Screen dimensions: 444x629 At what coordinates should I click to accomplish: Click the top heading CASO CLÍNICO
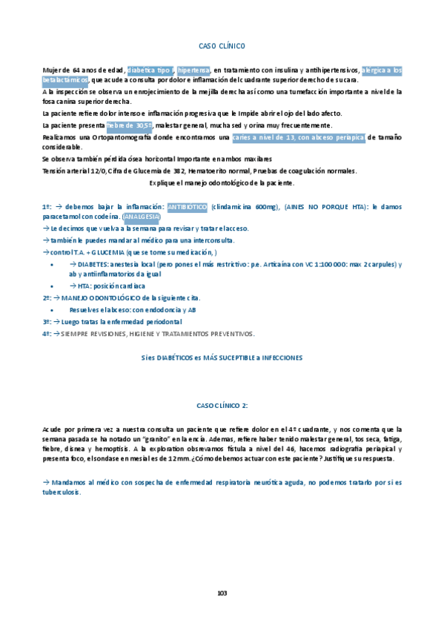click(x=222, y=45)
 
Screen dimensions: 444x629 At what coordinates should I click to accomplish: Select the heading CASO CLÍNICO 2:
click(x=222, y=406)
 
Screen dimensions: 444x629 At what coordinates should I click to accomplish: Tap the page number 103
click(x=222, y=593)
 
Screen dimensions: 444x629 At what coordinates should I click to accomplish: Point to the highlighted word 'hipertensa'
click(x=194, y=70)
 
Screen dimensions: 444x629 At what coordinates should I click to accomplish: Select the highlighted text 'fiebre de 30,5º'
click(x=130, y=125)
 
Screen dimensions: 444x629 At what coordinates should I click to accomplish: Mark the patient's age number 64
click(x=76, y=70)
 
